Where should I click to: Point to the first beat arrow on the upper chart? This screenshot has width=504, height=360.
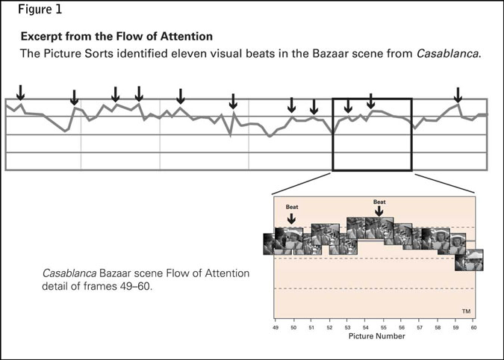[x=21, y=93]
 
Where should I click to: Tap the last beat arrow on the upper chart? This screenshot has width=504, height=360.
[x=458, y=95]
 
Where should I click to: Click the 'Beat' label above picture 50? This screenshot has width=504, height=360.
[x=291, y=206]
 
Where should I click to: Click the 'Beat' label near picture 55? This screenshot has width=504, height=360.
[x=379, y=202]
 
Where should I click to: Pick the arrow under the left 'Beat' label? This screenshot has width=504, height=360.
[x=291, y=217]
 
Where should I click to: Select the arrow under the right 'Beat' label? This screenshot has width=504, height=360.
[x=379, y=212]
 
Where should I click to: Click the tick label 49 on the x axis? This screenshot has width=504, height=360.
[x=276, y=327]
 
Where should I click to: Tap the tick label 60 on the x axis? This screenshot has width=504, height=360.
[x=473, y=327]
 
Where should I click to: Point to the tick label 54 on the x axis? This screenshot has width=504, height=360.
[x=365, y=327]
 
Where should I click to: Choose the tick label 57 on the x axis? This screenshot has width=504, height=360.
[x=420, y=327]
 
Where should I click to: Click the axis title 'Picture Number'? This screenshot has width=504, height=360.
[x=376, y=337]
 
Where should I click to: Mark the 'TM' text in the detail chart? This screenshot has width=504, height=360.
[x=466, y=310]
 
